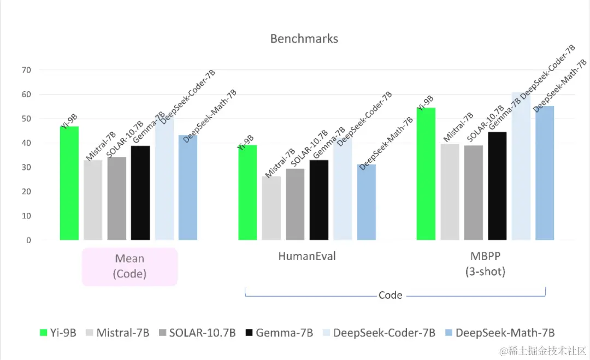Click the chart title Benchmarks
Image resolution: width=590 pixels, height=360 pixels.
click(x=304, y=39)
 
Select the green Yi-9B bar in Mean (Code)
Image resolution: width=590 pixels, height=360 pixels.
click(x=69, y=183)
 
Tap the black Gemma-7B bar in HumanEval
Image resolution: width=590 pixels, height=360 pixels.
click(x=319, y=200)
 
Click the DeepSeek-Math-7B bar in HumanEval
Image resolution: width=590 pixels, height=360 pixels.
click(x=367, y=202)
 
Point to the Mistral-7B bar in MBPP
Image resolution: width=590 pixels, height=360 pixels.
click(x=450, y=192)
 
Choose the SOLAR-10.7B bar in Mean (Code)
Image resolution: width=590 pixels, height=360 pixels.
click(x=116, y=198)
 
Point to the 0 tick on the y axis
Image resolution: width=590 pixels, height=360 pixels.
click(x=29, y=240)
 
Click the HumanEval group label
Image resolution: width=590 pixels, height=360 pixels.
click(x=307, y=256)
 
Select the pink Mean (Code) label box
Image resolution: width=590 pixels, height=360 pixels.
click(x=130, y=266)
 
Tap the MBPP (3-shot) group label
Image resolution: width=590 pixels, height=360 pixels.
click(x=485, y=263)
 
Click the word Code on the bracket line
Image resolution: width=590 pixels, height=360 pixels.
click(x=390, y=295)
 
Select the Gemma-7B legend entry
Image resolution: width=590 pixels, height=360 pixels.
click(x=279, y=332)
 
